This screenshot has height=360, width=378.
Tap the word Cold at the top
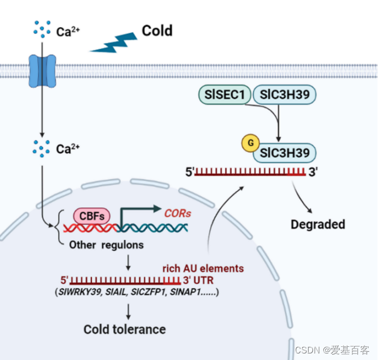tap(157, 31)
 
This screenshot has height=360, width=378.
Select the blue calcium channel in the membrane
tap(42, 71)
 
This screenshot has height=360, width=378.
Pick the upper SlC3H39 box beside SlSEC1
tap(285, 96)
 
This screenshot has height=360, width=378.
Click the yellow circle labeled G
tap(251, 143)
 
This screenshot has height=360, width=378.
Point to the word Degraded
tap(317, 224)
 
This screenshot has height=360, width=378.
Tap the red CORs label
tap(178, 213)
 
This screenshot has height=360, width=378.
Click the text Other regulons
tap(106, 245)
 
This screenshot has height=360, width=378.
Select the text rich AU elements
tap(203, 268)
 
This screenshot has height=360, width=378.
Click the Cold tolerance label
tap(125, 329)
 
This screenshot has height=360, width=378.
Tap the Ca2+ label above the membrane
tap(68, 32)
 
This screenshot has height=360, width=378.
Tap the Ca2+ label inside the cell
tap(68, 149)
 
